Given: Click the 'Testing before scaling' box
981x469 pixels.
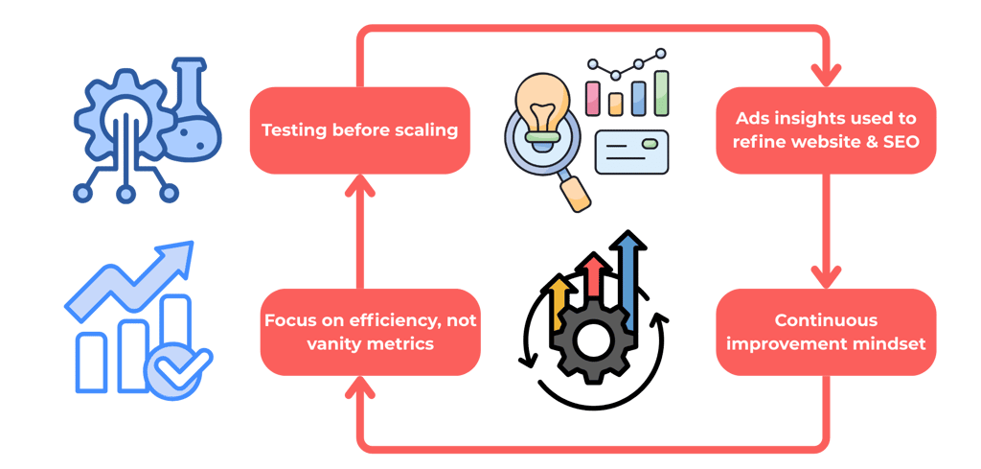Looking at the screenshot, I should click(359, 129).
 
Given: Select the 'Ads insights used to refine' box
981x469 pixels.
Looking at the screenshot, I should click(826, 129).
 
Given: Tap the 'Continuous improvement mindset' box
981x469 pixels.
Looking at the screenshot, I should click(826, 331).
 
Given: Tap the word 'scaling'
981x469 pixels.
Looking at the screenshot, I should click(425, 129).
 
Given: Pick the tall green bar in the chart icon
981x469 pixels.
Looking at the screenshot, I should click(661, 92).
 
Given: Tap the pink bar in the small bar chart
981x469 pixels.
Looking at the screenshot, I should click(593, 97).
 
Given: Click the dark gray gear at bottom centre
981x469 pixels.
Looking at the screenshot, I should click(587, 338).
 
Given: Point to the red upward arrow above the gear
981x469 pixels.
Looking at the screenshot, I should click(595, 278).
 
